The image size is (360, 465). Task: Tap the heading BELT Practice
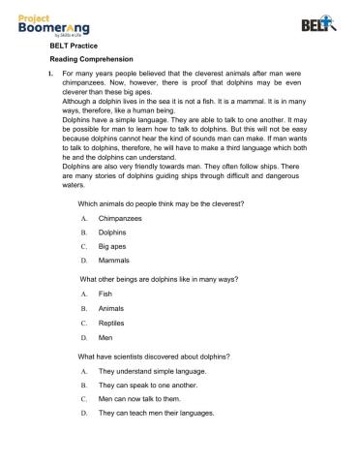(x=71, y=45)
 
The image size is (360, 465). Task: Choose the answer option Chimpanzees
(x=120, y=219)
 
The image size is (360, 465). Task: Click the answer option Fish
(x=105, y=294)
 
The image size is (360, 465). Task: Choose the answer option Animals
(x=112, y=308)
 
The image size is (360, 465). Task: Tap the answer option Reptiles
(x=113, y=323)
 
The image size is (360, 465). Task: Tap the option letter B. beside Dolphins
(x=85, y=233)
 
